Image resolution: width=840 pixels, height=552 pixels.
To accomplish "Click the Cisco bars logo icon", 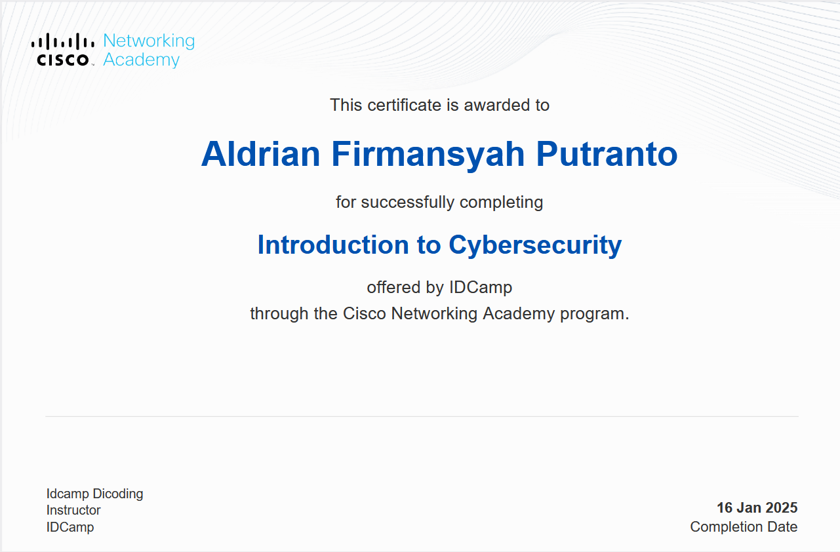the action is [63, 41].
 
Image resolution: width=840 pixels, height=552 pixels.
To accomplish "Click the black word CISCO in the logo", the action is [63, 60].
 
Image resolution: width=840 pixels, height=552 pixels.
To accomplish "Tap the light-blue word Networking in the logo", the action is [149, 41].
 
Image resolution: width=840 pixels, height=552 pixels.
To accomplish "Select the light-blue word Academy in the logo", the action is [142, 60].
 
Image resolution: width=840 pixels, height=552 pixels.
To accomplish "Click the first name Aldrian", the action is [260, 154].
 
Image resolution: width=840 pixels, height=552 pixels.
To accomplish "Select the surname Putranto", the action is [607, 154].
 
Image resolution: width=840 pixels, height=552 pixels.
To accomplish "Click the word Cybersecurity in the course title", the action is [535, 246].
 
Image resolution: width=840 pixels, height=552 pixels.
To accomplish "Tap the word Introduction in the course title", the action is [333, 245].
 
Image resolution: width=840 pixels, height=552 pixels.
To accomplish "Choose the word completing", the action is [502, 203].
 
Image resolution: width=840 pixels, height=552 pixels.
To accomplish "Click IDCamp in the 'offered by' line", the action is [481, 288].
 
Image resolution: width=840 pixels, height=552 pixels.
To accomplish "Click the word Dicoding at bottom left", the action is [118, 494].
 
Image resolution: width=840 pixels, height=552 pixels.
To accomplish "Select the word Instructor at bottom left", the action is [73, 510].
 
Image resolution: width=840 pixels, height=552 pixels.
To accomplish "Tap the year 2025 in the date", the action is [781, 508].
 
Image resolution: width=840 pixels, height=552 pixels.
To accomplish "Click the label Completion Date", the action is [744, 527].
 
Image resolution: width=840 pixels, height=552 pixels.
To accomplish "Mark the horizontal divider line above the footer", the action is [422, 416].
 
